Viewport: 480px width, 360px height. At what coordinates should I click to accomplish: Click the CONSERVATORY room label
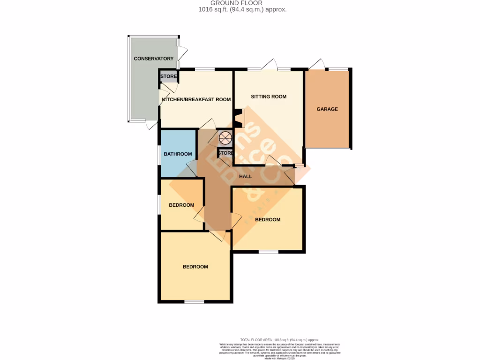[153, 59]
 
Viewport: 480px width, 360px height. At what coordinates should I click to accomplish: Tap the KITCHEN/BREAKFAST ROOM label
[196, 99]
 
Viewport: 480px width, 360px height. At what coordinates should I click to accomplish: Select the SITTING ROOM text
[268, 97]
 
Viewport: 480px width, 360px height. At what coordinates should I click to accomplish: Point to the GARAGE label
[327, 109]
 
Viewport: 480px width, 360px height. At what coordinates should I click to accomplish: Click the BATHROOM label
[178, 154]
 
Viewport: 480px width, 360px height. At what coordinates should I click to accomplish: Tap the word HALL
[245, 177]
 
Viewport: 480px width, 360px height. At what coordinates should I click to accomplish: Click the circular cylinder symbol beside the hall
[225, 138]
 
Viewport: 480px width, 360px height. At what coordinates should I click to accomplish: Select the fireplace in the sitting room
[240, 118]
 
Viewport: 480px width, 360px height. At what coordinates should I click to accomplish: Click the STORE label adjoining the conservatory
[169, 77]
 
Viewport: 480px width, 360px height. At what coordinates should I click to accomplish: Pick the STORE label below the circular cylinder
[225, 153]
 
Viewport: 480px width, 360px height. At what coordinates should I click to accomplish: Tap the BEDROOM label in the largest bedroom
[195, 267]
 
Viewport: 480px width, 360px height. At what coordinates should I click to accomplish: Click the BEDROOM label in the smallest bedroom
[181, 205]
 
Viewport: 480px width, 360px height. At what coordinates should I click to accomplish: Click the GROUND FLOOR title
[240, 3]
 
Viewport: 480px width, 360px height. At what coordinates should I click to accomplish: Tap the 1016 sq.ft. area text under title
[240, 9]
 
